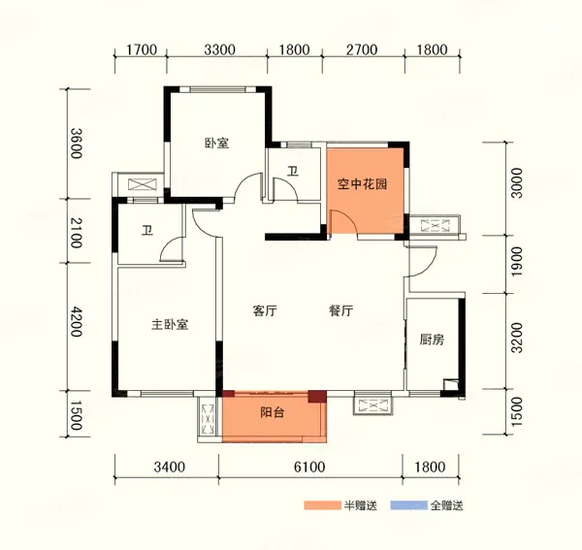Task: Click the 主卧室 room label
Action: pyautogui.click(x=170, y=325)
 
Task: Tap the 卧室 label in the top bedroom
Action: pyautogui.click(x=217, y=144)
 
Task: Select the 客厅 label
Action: pyautogui.click(x=265, y=310)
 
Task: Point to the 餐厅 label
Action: pyautogui.click(x=340, y=310)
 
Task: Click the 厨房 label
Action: pyautogui.click(x=432, y=340)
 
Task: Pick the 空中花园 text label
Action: pyautogui.click(x=362, y=184)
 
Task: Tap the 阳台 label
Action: pyautogui.click(x=272, y=412)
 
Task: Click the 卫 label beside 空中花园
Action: pyautogui.click(x=293, y=172)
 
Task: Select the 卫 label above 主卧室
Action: pyautogui.click(x=147, y=231)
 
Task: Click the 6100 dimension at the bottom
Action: pyautogui.click(x=309, y=467)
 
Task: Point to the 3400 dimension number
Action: pyautogui.click(x=169, y=467)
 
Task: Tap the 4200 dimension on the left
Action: pyautogui.click(x=76, y=322)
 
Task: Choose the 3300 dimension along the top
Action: pyautogui.click(x=220, y=49)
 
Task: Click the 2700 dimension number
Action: pyautogui.click(x=362, y=49)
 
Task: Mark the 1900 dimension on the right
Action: pyautogui.click(x=516, y=261)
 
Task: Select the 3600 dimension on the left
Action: pyautogui.click(x=76, y=144)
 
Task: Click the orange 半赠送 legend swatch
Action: pyautogui.click(x=322, y=505)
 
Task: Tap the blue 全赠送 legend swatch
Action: pyautogui.click(x=409, y=505)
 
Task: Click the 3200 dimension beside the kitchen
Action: pyautogui.click(x=516, y=338)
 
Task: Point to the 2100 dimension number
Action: pyautogui.click(x=76, y=233)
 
